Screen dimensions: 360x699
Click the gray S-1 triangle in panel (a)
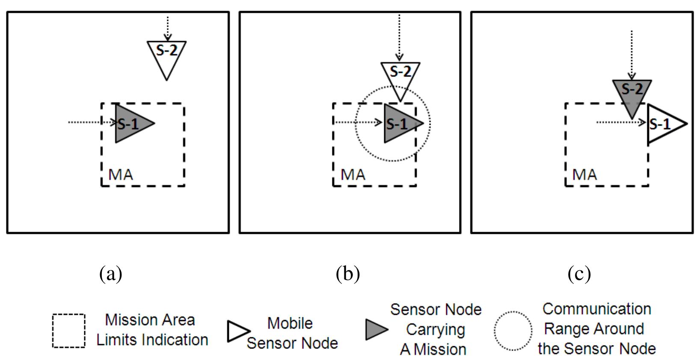pyautogui.click(x=130, y=124)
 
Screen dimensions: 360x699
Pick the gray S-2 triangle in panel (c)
pyautogui.click(x=632, y=94)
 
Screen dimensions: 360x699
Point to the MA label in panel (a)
pyautogui.click(x=121, y=175)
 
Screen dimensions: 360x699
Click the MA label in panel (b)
pyautogui.click(x=353, y=175)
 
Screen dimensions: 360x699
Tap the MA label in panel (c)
pyautogui.click(x=585, y=175)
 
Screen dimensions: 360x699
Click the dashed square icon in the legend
pyautogui.click(x=68, y=330)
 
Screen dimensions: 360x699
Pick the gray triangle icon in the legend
pyautogui.click(x=376, y=330)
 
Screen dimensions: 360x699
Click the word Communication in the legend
pyautogui.click(x=596, y=309)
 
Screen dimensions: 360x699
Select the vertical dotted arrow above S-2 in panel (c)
pyautogui.click(x=631, y=53)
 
